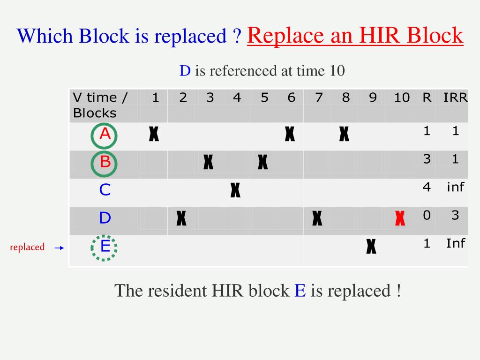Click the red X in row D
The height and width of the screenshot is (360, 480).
400,218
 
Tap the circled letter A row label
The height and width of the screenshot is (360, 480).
105,135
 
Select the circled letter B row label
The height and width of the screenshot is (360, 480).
105,163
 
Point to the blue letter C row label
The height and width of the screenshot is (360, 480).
105,190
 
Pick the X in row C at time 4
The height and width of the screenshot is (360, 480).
235,190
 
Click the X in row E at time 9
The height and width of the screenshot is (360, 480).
371,246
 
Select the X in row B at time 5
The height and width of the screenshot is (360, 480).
262,163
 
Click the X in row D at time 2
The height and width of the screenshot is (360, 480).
181,218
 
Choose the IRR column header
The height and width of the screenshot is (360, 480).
455,97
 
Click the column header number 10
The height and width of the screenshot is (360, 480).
402,97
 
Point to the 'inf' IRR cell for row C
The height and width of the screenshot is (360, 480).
455,187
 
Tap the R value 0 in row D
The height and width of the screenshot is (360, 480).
427,215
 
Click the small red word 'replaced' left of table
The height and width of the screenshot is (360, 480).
27,247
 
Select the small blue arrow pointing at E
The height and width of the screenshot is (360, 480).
59,248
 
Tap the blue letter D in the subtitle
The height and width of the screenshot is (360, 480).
185,71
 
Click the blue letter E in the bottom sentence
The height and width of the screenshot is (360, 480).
300,291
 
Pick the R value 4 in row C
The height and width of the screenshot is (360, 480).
427,187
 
